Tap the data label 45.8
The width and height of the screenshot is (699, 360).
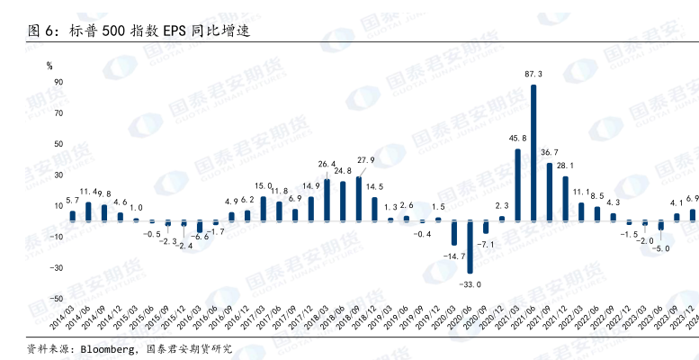point(517,139)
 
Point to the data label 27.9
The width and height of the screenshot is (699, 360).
point(366,160)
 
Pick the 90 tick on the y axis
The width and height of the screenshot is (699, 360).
point(58,82)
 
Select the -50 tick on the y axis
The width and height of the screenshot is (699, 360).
point(56,299)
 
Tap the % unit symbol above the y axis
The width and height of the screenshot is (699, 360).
point(50,65)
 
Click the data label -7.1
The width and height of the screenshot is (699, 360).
point(487,244)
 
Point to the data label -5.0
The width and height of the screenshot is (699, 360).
point(661,247)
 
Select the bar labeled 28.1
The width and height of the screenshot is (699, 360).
point(566,198)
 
